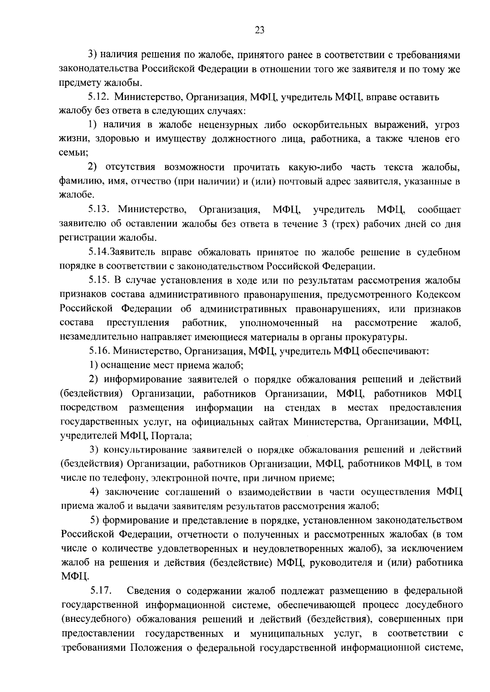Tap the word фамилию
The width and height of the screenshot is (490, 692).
click(x=77, y=182)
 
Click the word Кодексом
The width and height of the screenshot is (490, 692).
click(x=439, y=295)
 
